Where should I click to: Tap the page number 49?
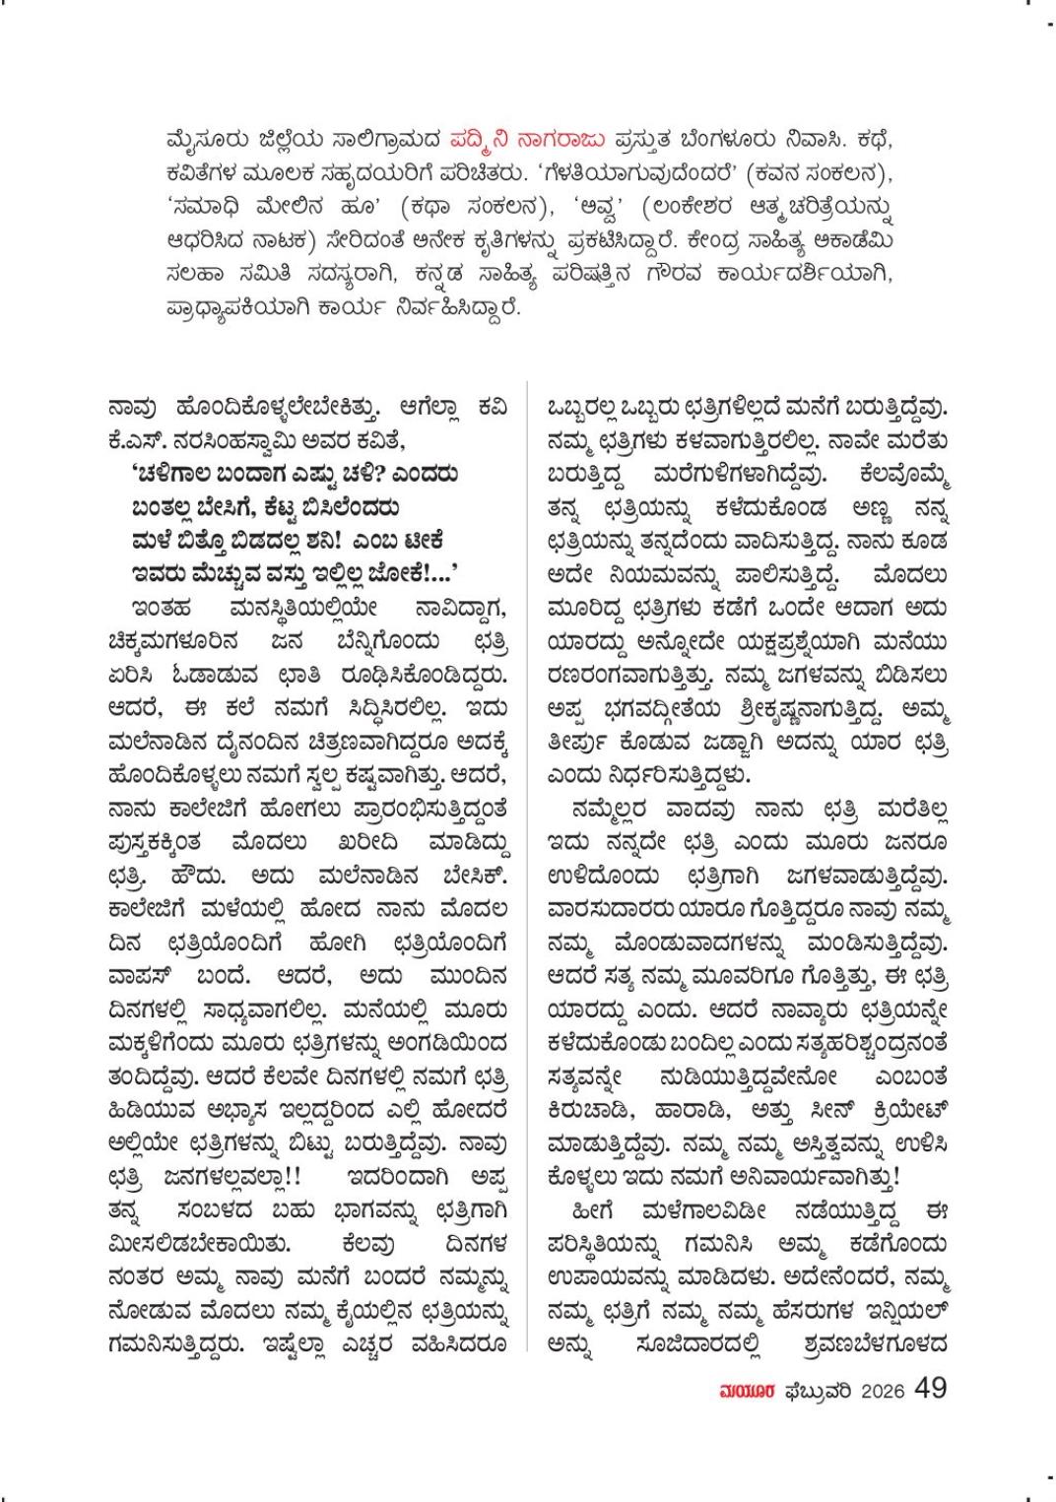click(x=930, y=1388)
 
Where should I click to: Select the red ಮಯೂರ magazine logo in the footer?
click(x=747, y=1390)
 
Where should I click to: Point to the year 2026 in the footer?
click(x=883, y=1391)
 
